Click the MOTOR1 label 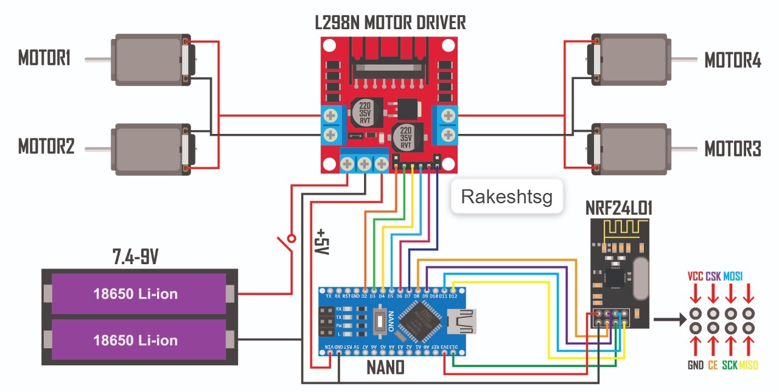tap(44, 59)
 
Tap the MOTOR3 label tap(733, 149)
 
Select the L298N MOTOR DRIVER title tap(390, 23)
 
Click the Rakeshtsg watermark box tap(506, 197)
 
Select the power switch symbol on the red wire tap(285, 243)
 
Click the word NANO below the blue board tap(385, 368)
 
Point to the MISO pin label tap(749, 365)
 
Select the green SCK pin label tap(730, 365)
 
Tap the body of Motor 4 tap(633, 60)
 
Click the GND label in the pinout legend tap(694, 365)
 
